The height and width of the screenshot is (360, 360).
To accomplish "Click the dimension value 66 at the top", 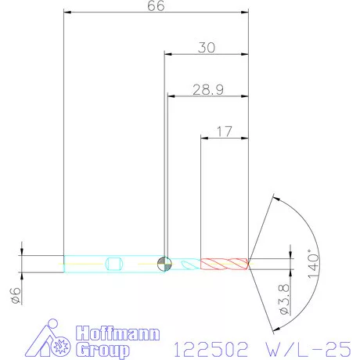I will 155,6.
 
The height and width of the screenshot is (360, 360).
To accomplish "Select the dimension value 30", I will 207,48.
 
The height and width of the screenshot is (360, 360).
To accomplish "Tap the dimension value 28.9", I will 207,90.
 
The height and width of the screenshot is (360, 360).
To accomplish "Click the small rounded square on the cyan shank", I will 114,263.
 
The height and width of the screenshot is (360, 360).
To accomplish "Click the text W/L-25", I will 305,344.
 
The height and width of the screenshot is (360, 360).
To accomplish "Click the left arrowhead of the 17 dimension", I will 204,139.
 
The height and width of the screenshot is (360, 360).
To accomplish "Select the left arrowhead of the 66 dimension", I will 67,13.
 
